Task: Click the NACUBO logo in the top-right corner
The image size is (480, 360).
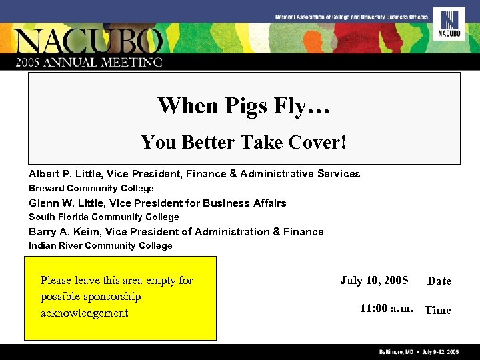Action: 449,24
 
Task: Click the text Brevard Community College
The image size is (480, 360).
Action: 91,189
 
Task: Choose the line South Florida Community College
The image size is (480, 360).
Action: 104,217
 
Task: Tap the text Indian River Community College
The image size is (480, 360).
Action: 101,246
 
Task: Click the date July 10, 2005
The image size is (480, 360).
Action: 374,281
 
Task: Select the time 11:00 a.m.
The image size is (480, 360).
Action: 387,309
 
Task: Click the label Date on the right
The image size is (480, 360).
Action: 439,281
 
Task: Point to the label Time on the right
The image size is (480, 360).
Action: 438,310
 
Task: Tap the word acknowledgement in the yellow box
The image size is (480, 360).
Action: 84,313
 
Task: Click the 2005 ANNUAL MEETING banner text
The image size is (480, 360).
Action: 89,62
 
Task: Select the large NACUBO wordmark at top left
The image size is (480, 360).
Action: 89,41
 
